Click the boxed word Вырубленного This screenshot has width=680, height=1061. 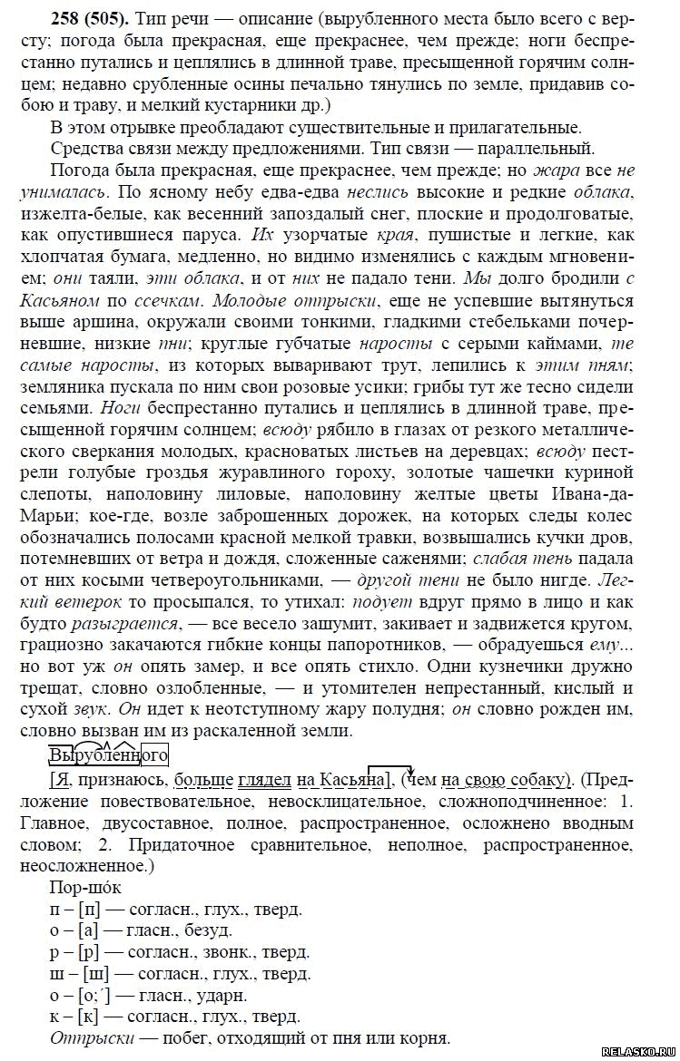pyautogui.click(x=108, y=754)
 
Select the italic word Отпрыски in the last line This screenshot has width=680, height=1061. pyautogui.click(x=89, y=1037)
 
